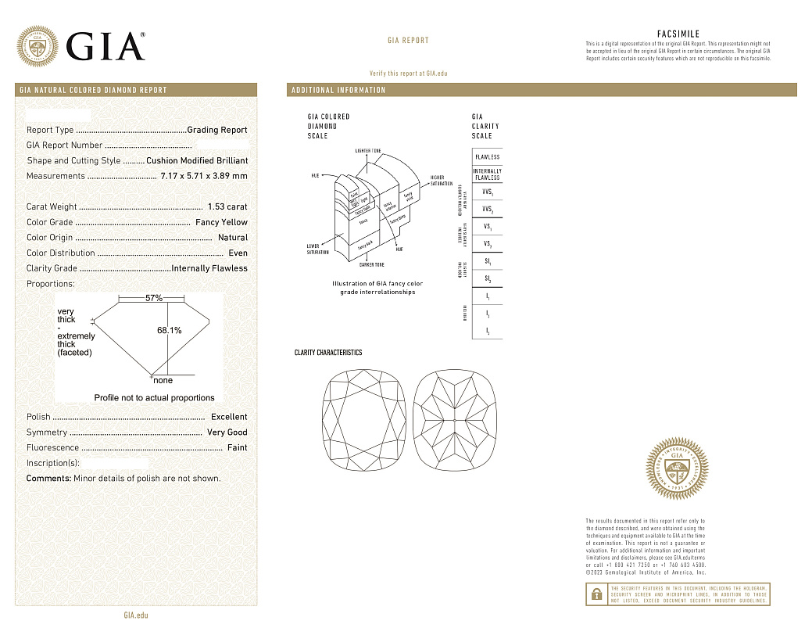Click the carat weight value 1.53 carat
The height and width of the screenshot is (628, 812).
[227, 206]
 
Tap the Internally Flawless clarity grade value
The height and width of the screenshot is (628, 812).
[209, 268]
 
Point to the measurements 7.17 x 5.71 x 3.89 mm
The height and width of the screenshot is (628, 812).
[204, 176]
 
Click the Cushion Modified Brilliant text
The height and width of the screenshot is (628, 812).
[197, 160]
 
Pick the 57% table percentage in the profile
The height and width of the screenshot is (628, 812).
[154, 298]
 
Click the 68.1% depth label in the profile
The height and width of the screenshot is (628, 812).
[170, 331]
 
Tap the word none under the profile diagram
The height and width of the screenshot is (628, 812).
[163, 381]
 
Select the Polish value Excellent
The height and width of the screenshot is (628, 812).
[229, 417]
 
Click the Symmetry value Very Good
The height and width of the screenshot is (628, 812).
[227, 432]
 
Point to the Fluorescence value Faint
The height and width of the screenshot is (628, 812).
[237, 447]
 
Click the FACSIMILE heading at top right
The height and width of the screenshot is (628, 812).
[678, 34]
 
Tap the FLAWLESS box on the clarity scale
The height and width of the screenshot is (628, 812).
[487, 156]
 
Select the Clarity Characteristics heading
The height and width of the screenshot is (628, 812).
[328, 353]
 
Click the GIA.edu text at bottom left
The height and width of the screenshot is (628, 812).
[136, 615]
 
